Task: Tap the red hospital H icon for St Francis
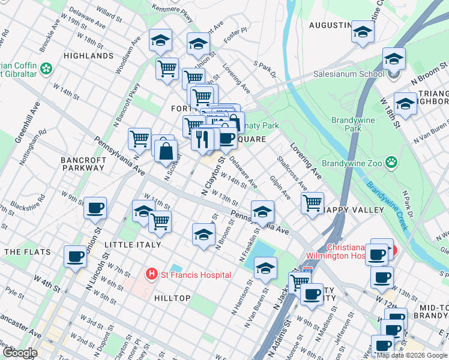click(x=152, y=275)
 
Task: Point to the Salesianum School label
click(x=349, y=74)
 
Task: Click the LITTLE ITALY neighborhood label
click(x=133, y=245)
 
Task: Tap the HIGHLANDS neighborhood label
click(x=88, y=56)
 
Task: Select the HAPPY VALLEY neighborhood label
click(x=354, y=210)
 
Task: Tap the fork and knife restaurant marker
click(x=202, y=139)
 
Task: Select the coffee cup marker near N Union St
click(x=95, y=208)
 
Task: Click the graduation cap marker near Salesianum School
click(x=394, y=58)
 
